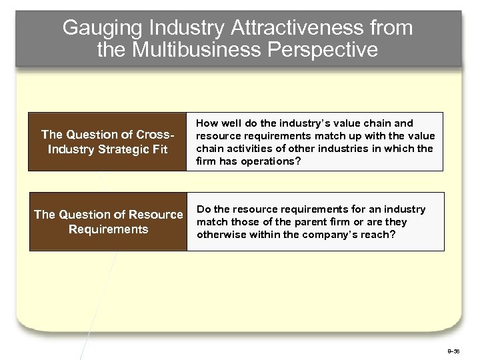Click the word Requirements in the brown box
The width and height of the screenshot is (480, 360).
click(x=108, y=229)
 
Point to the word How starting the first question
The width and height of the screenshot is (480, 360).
click(x=205, y=123)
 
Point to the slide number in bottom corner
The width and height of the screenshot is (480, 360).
click(x=453, y=350)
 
